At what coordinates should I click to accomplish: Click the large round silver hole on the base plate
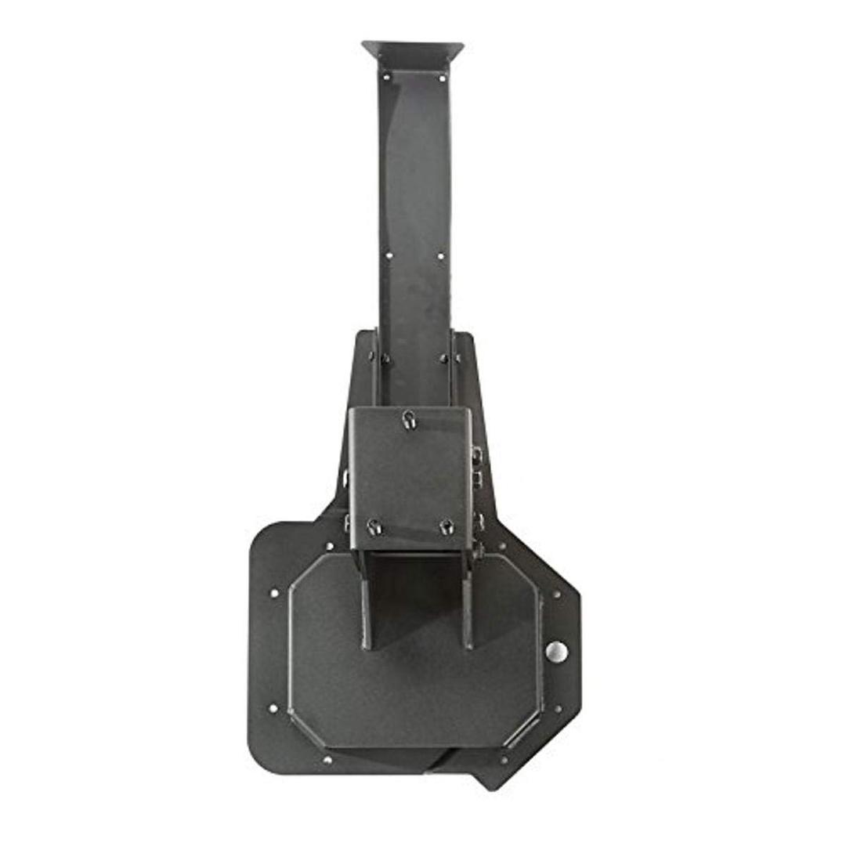[556, 651]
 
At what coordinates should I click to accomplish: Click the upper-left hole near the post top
[385, 77]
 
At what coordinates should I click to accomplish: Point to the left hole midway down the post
[387, 254]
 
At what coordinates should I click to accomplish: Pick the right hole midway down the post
[440, 255]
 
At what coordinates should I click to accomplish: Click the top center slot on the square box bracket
[409, 420]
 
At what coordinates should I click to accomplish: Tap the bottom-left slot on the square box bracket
[374, 526]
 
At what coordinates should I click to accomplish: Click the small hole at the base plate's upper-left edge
[273, 593]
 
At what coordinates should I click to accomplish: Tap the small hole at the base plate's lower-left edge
[273, 709]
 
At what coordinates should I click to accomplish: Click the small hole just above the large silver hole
[557, 595]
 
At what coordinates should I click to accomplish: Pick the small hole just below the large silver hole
[558, 709]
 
